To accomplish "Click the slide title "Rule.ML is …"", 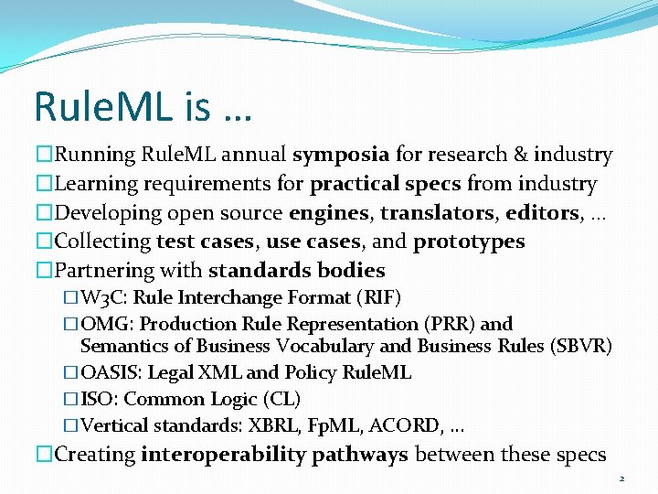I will (143, 106).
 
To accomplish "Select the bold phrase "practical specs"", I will (386, 185).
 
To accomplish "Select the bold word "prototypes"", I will (469, 242).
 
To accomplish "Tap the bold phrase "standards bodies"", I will (296, 271).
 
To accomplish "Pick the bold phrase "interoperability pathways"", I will (274, 455).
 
